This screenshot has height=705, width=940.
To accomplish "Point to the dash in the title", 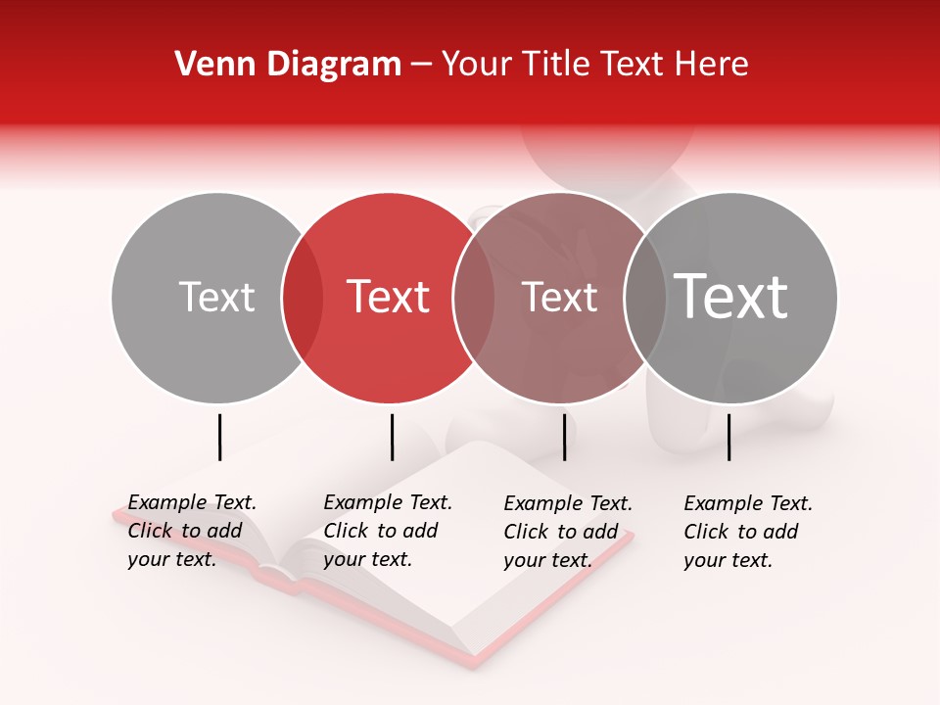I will [421, 65].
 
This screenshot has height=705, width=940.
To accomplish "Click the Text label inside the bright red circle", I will [389, 297].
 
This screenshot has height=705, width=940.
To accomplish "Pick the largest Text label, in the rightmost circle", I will [731, 296].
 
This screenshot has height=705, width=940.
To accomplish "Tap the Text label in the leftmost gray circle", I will [216, 297].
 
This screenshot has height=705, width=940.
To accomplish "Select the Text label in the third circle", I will [559, 297].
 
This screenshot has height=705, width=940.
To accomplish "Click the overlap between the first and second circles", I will [303, 298].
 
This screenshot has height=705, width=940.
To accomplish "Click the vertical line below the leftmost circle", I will [219, 437].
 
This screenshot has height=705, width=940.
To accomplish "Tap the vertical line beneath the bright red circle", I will [392, 437].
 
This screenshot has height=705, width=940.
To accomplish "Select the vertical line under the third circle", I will [564, 437].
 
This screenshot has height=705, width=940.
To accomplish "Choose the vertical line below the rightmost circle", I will [728, 437].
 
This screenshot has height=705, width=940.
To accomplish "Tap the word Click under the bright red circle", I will [346, 531].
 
